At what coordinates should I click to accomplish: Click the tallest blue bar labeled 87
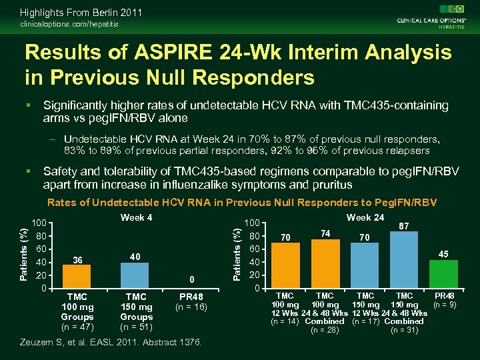(403, 260)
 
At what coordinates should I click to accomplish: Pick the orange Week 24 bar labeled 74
(325, 263)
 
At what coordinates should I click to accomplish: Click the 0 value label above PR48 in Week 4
(191, 280)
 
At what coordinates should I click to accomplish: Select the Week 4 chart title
(136, 218)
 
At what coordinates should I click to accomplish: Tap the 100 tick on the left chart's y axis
(41, 223)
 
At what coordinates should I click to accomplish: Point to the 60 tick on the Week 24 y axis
(253, 249)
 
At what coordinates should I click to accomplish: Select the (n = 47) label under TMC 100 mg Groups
(78, 327)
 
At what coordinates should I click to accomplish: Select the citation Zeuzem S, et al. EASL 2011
(93, 342)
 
